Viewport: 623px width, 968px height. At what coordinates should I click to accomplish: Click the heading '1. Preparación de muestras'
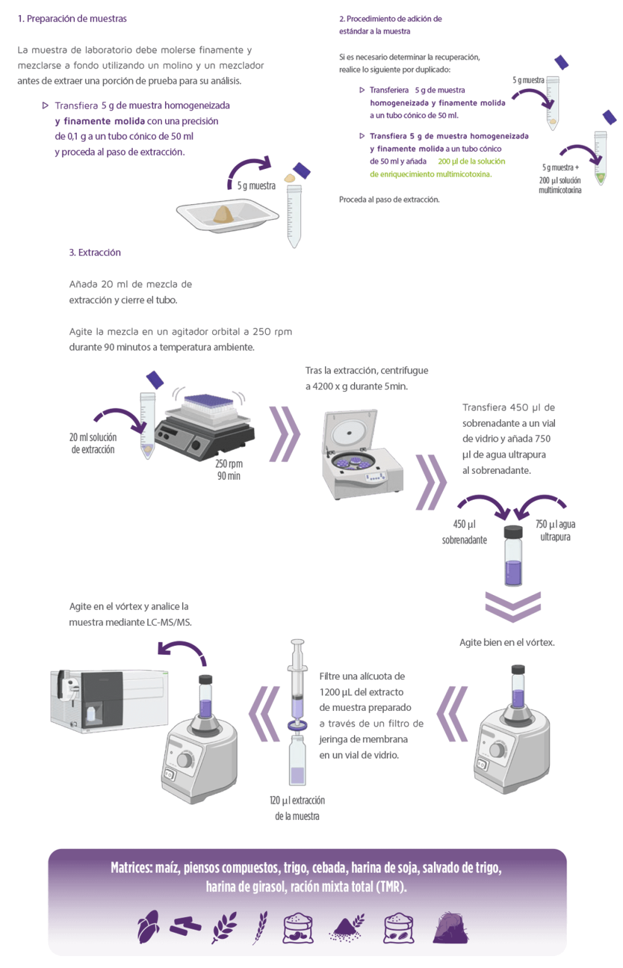72,19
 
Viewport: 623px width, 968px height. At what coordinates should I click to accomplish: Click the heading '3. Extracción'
94,253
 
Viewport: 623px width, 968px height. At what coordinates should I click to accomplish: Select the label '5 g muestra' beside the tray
256,186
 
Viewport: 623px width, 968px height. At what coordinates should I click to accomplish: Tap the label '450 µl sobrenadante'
464,532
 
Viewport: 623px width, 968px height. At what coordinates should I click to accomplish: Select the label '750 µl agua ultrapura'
555,531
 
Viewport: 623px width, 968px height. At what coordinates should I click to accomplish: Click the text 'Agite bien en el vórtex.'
506,642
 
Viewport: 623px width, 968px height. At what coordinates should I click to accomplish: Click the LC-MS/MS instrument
108,698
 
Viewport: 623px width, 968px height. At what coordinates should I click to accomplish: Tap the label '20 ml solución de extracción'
93,443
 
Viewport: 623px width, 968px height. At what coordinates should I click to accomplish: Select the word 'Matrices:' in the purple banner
132,868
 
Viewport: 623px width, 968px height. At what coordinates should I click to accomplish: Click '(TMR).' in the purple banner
391,887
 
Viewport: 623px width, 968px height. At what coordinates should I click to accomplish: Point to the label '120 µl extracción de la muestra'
297,808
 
